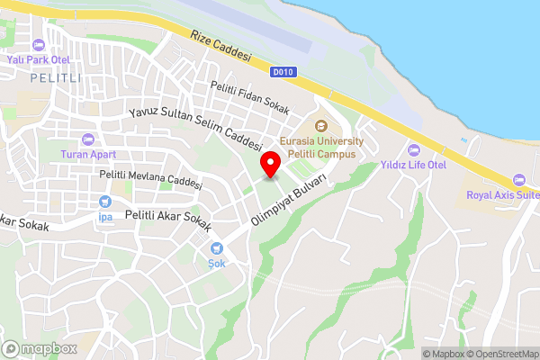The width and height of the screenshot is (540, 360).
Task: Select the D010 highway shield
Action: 282,71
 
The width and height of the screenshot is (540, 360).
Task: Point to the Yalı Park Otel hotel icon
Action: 38,44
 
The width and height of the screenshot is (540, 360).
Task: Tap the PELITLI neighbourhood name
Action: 57,79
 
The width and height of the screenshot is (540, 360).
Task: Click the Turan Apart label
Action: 87,154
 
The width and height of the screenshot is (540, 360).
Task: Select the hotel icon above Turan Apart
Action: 87,139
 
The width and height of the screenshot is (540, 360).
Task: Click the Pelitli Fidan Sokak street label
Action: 250,98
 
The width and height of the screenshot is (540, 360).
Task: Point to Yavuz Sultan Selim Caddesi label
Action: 194,128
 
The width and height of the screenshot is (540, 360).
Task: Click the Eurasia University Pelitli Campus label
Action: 321,148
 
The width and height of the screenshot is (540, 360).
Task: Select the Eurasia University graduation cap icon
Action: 321,127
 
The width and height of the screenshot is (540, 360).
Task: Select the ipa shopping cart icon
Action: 105,202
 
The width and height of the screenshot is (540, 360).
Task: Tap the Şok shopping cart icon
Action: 216,248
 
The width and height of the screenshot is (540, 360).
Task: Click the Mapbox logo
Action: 40,348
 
